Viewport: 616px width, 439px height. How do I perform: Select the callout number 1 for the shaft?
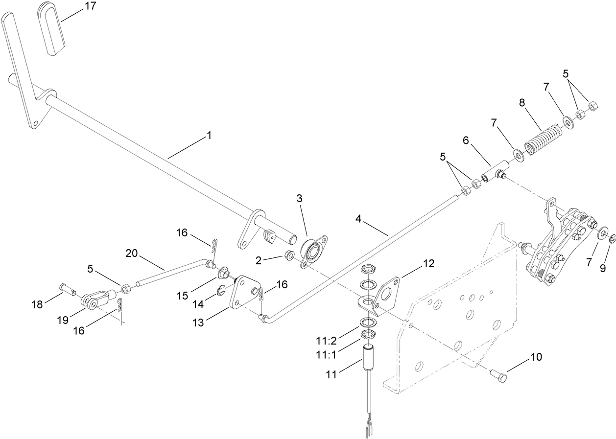[209, 135]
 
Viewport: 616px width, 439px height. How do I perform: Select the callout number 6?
[466, 140]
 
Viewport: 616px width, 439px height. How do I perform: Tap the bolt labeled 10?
[498, 375]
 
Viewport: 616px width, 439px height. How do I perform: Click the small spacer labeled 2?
[289, 255]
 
